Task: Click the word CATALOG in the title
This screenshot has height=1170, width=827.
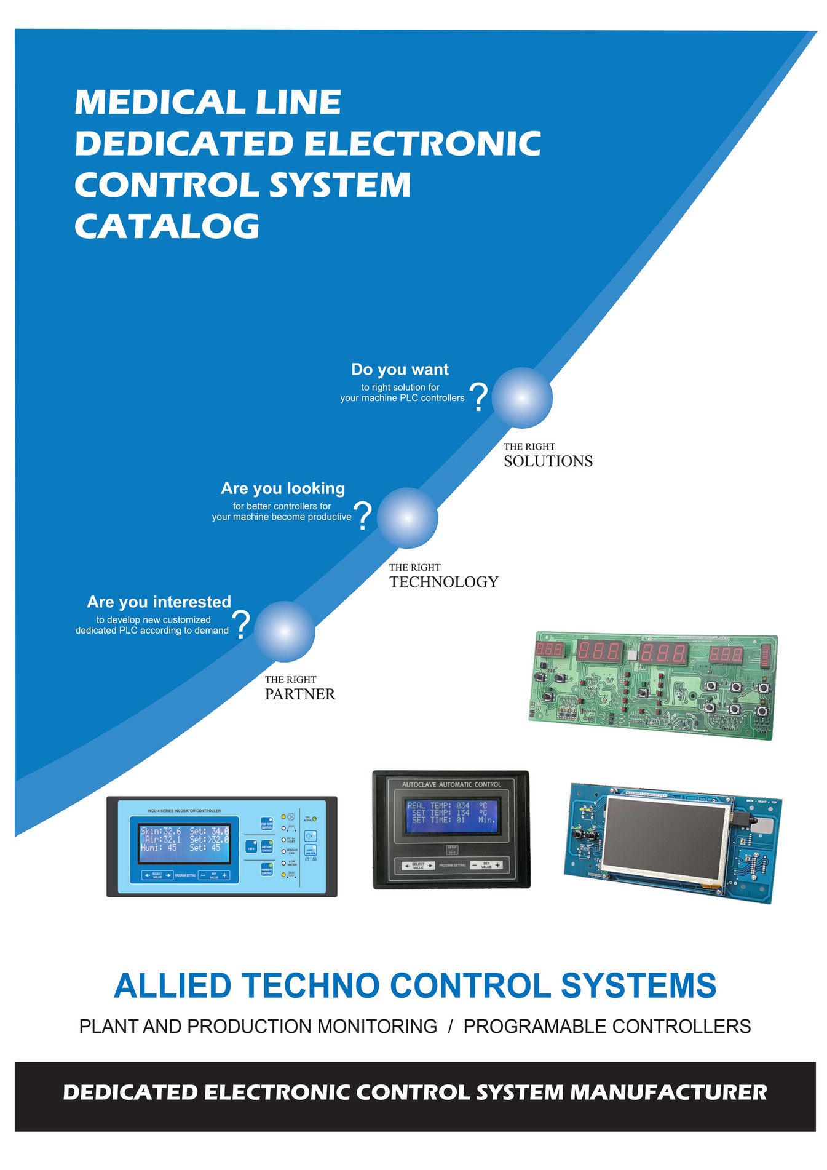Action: click(x=167, y=226)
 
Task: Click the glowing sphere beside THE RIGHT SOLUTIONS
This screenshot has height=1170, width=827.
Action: click(x=522, y=398)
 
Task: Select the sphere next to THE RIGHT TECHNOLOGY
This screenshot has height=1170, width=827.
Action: click(x=407, y=518)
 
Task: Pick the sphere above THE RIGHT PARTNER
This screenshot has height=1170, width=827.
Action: click(x=285, y=632)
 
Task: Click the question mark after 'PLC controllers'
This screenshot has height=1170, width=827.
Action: click(x=478, y=397)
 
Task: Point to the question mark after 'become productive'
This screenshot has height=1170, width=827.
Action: click(x=363, y=516)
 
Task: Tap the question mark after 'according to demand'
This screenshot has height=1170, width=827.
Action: click(x=243, y=625)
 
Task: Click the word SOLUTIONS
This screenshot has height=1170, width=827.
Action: click(x=548, y=461)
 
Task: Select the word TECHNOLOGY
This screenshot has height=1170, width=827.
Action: click(x=443, y=582)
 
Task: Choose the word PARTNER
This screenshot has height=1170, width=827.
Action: click(x=300, y=694)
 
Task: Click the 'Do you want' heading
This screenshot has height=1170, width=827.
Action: click(x=400, y=370)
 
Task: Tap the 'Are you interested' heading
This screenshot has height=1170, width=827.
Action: click(x=159, y=602)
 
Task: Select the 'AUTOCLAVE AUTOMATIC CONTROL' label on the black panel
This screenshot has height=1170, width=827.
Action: click(x=451, y=784)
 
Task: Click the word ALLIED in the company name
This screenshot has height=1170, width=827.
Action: click(x=172, y=986)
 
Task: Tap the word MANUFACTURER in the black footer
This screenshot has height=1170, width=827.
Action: click(x=668, y=1092)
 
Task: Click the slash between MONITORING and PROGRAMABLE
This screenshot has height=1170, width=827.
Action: click(x=450, y=1026)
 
